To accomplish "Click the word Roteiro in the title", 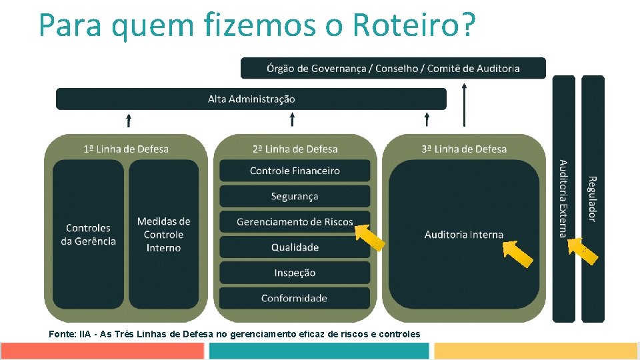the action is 413,25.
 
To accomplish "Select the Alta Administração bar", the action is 251,99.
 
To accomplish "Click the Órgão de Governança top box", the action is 393,68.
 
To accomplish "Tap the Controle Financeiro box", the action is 295,171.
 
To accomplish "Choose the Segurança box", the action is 295,196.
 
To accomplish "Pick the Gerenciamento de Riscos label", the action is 295,222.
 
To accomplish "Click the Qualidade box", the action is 295,247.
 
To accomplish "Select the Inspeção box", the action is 295,273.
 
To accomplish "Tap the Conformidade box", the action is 295,298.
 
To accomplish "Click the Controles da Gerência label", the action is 89,235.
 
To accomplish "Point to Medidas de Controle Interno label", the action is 163,235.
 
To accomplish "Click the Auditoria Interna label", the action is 464,235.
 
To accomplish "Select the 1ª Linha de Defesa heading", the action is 126,149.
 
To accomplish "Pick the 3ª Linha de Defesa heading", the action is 464,149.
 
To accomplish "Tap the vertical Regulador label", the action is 592,199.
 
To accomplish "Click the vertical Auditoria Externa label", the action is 563,199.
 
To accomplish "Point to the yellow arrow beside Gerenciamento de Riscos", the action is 369,237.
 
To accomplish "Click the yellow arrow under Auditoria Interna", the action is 517,253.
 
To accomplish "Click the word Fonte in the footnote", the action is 62,333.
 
